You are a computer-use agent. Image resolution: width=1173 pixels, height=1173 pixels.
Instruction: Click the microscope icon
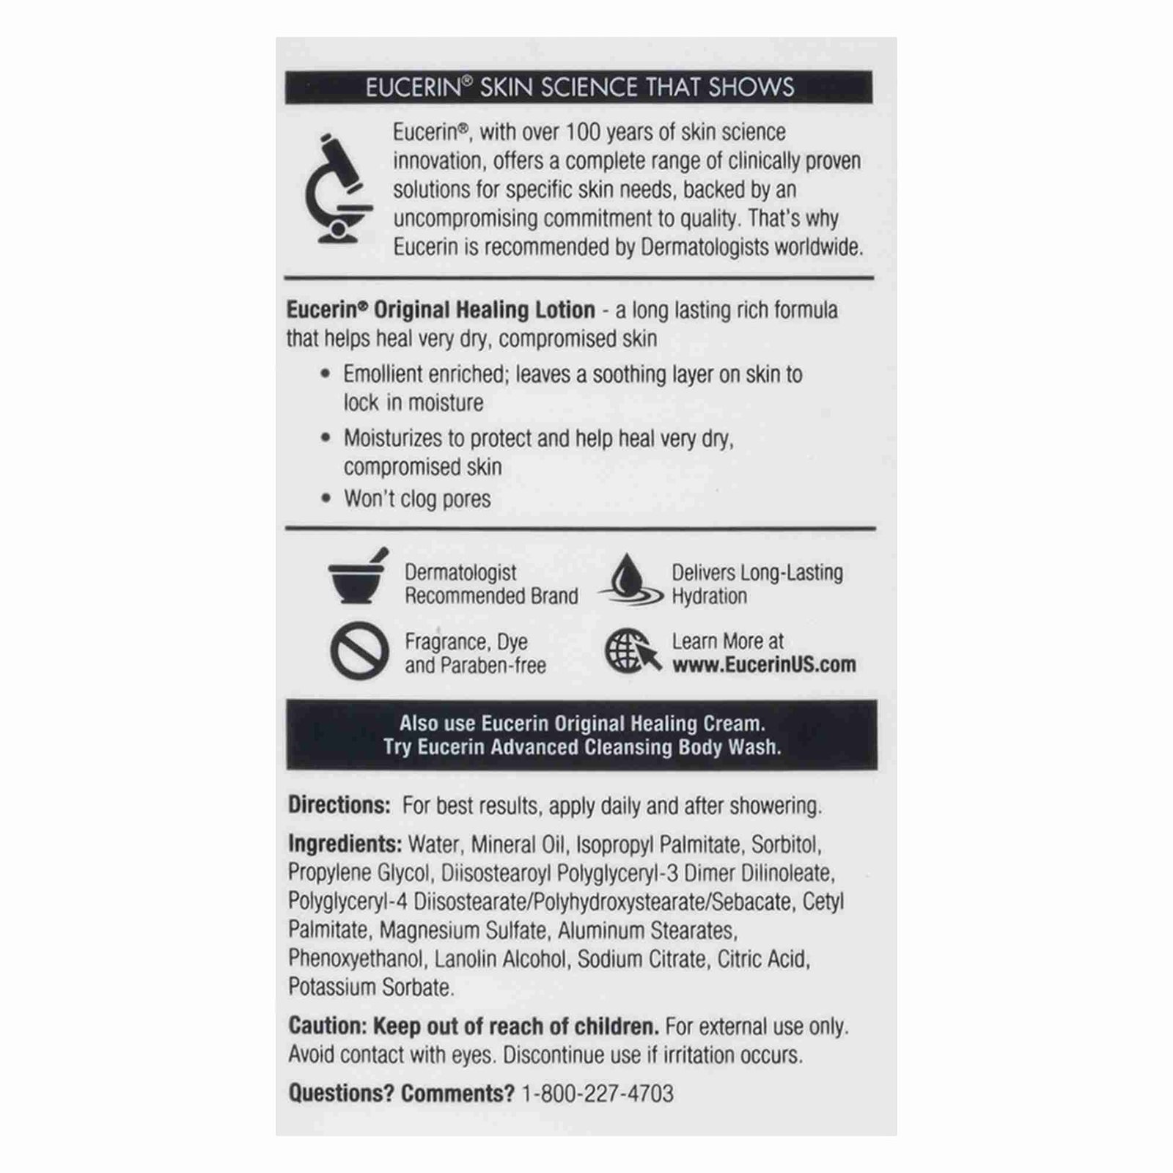(338, 188)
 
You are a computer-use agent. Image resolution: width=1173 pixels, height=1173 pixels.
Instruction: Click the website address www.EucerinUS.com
(764, 665)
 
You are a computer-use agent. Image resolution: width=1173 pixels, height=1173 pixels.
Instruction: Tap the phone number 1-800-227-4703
(597, 1093)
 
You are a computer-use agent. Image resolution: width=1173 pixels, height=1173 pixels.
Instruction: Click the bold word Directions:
(339, 805)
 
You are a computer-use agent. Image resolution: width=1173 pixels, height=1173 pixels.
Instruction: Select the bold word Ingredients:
(345, 844)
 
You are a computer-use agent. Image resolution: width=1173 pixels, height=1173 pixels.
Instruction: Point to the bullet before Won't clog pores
(326, 499)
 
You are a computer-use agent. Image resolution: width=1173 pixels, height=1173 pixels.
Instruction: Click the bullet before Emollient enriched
(326, 374)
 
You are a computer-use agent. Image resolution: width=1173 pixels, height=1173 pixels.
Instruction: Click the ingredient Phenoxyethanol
(356, 959)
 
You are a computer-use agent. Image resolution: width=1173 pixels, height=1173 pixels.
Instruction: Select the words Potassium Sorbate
(370, 988)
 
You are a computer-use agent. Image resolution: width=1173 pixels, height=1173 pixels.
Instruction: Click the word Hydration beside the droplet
(709, 596)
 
